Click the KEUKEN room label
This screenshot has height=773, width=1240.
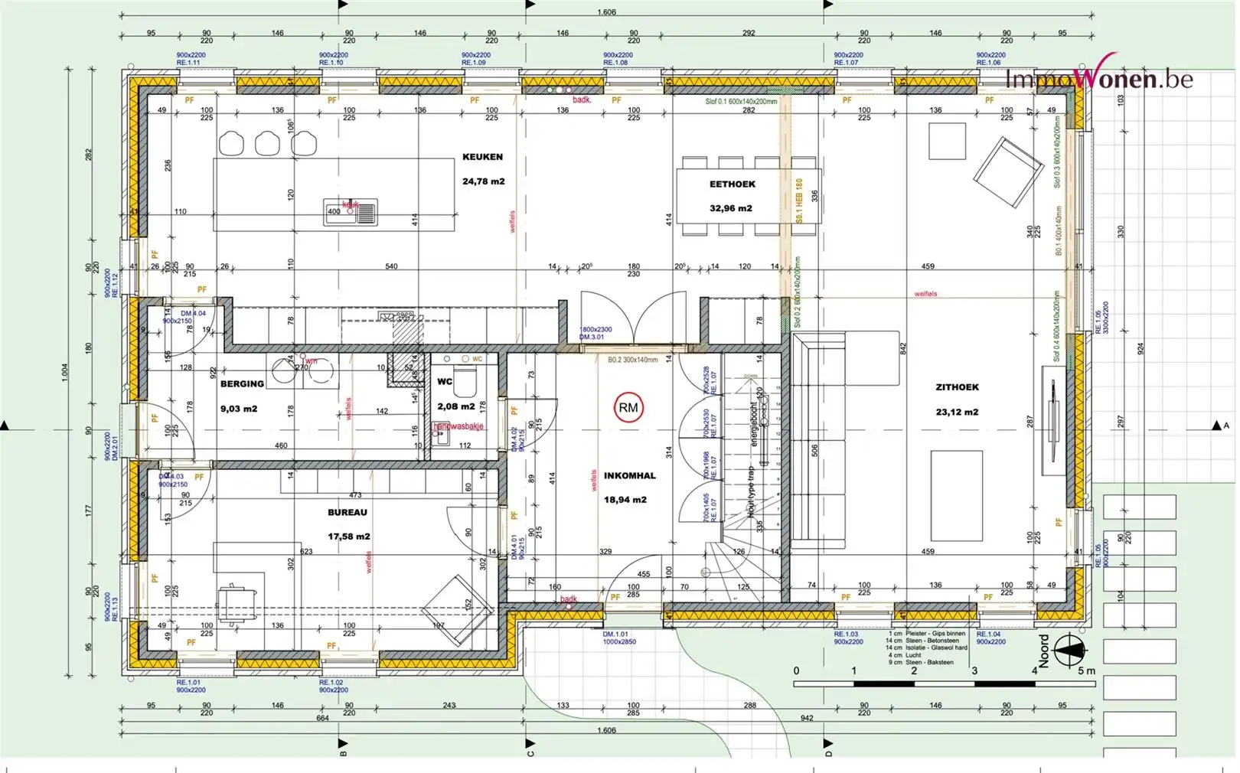coord(482,157)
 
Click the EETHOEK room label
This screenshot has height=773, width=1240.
coord(732,184)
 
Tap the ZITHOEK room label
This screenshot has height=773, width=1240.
coord(957,387)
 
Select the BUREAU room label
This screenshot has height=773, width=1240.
coord(348,513)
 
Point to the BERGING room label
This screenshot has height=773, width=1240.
coord(242,384)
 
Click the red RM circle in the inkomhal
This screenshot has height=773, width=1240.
coord(628,408)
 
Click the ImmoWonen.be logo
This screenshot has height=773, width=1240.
coord(1098,77)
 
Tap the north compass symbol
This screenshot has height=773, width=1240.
coord(1069,650)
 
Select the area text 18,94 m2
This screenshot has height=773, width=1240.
coord(625,500)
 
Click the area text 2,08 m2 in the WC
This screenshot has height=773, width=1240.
coord(456,406)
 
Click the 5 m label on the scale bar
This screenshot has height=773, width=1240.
coord(1086,671)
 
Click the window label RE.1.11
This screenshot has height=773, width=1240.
coord(188,63)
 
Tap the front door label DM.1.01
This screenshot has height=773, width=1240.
coord(615,634)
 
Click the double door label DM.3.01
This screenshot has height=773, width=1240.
coord(591,337)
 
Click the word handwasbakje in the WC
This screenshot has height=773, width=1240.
coord(459,426)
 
